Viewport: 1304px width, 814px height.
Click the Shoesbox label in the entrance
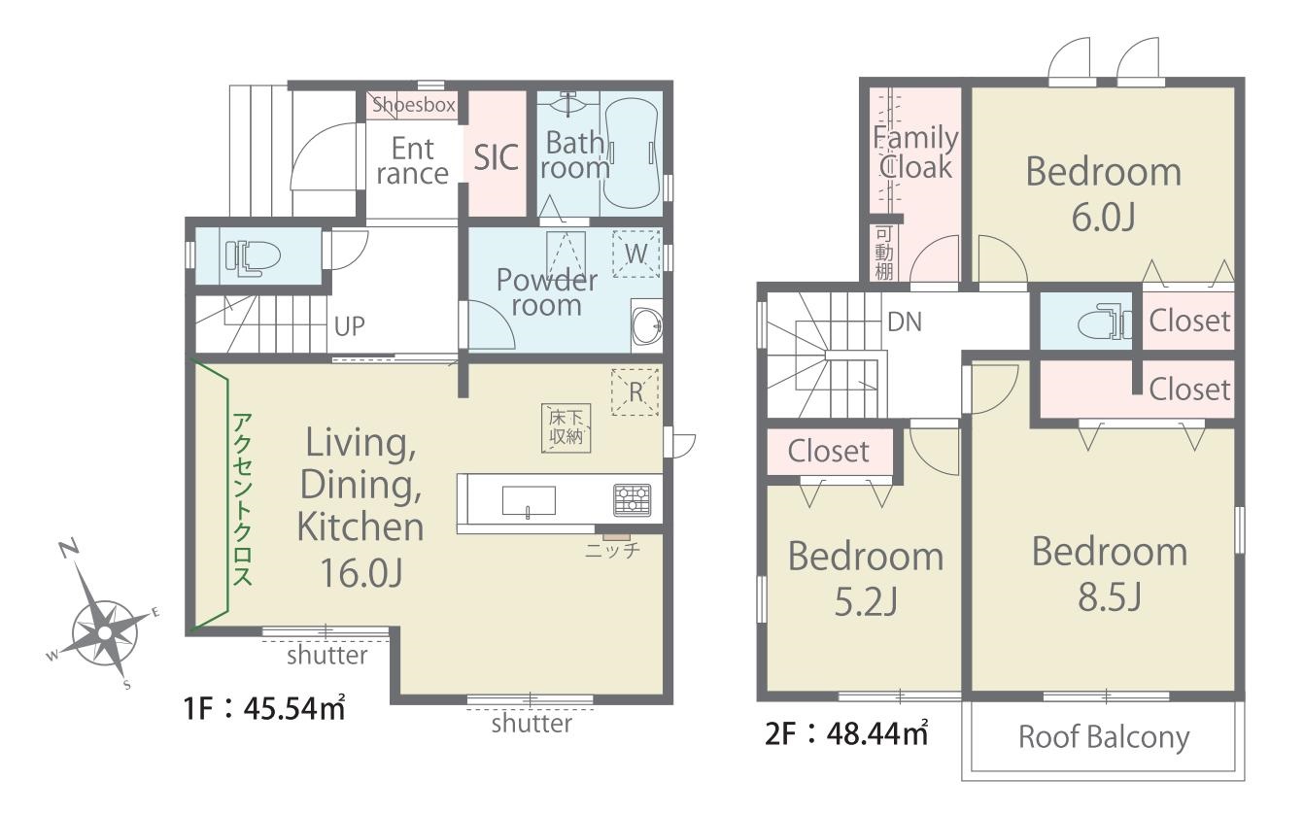[413, 105]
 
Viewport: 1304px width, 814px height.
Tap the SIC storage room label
[496, 157]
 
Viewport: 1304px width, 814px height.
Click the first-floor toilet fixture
[253, 256]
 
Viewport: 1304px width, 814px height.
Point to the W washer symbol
[635, 254]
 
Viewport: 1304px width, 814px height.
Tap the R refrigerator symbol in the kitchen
[635, 392]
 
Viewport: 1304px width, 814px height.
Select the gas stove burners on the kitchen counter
[632, 500]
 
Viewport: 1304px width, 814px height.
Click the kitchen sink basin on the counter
[529, 501]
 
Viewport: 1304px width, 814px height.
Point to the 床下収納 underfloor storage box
[566, 427]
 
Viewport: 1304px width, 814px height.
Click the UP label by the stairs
[349, 326]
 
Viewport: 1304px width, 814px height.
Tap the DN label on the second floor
[905, 322]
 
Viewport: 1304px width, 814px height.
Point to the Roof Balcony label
[1104, 737]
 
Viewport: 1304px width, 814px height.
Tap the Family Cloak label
[915, 153]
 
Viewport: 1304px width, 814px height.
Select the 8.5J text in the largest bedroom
[1109, 597]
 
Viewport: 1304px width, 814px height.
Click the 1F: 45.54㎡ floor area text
[264, 708]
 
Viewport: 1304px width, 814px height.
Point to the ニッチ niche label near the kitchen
[612, 550]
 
